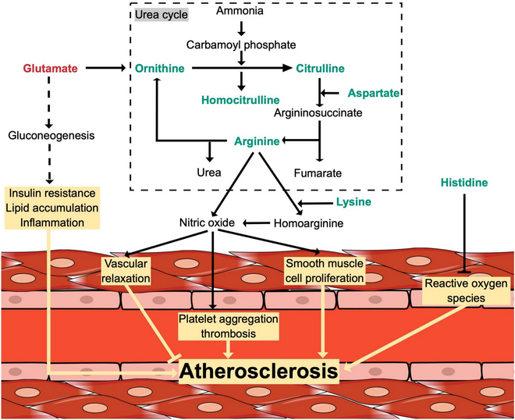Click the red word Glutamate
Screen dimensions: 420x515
click(51, 69)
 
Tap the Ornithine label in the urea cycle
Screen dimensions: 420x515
click(161, 69)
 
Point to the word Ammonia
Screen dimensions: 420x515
click(241, 12)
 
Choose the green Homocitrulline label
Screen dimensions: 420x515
click(242, 101)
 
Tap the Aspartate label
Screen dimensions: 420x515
click(373, 93)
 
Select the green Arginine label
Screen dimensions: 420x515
click(257, 141)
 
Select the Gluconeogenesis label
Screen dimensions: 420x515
click(51, 136)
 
